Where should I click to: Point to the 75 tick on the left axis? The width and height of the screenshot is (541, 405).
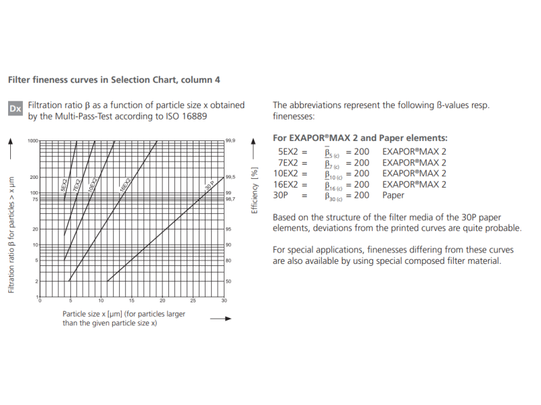click(34, 200)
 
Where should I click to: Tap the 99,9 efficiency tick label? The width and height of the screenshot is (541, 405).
click(230, 141)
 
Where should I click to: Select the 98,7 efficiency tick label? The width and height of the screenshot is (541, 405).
click(230, 200)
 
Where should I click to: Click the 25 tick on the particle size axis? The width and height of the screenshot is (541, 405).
click(193, 301)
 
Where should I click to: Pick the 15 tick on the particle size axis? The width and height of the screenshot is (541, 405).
click(132, 301)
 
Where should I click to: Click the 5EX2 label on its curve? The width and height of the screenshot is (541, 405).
click(64, 185)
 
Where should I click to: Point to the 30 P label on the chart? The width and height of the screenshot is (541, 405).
click(209, 184)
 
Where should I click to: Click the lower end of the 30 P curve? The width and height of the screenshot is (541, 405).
click(108, 281)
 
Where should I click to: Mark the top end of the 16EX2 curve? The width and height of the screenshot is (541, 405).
click(157, 141)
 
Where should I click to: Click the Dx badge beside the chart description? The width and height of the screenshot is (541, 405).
click(15, 109)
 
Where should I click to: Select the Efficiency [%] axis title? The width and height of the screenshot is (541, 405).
click(255, 191)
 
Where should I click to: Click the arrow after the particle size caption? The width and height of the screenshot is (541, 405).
click(220, 319)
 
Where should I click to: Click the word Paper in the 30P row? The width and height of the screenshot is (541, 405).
click(393, 195)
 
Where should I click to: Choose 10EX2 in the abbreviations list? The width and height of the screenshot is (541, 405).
click(292, 173)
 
